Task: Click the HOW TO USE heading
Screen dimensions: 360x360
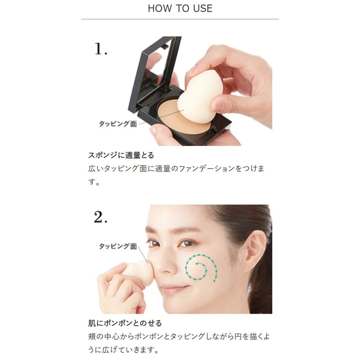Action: pos(180,9)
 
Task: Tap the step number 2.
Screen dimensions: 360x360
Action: pos(100,217)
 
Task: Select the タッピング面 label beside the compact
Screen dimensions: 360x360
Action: pos(118,124)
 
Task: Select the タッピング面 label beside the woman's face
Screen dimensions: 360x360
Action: pos(118,246)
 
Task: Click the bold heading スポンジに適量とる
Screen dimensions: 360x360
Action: pos(121,155)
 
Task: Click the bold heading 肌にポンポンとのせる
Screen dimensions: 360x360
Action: pos(125,323)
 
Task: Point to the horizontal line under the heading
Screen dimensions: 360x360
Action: pos(180,19)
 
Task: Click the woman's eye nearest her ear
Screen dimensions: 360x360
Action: pos(186,243)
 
